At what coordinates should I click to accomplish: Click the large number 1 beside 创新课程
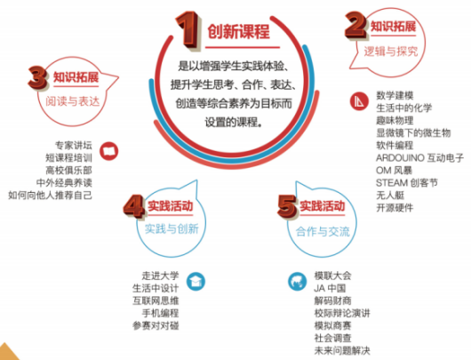pyautogui.click(x=188, y=29)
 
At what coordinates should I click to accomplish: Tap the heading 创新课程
pyautogui.click(x=238, y=31)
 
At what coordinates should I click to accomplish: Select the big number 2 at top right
pyautogui.click(x=356, y=26)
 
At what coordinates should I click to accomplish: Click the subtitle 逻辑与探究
pyautogui.click(x=390, y=52)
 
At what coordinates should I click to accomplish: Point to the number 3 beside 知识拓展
pyautogui.click(x=37, y=77)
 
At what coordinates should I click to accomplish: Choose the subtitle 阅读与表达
pyautogui.click(x=72, y=101)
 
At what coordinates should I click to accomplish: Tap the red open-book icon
pyautogui.click(x=109, y=151)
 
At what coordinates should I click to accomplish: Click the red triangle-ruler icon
pyautogui.click(x=359, y=101)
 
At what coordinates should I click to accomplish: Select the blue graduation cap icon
pyautogui.click(x=196, y=282)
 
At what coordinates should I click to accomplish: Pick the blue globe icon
pyautogui.click(x=298, y=282)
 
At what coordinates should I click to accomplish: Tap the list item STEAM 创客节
pyautogui.click(x=407, y=183)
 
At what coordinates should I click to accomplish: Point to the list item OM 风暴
pyautogui.click(x=394, y=171)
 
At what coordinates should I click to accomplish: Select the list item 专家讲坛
pyautogui.click(x=73, y=146)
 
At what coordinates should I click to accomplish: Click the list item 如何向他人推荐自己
pyautogui.click(x=50, y=196)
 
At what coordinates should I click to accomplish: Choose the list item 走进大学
pyautogui.click(x=160, y=276)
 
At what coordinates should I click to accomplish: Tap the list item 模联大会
pyautogui.click(x=332, y=276)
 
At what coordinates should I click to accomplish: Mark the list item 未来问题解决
pyautogui.click(x=342, y=350)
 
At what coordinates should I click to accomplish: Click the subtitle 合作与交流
pyautogui.click(x=323, y=231)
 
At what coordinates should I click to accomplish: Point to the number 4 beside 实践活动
pyautogui.click(x=134, y=206)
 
